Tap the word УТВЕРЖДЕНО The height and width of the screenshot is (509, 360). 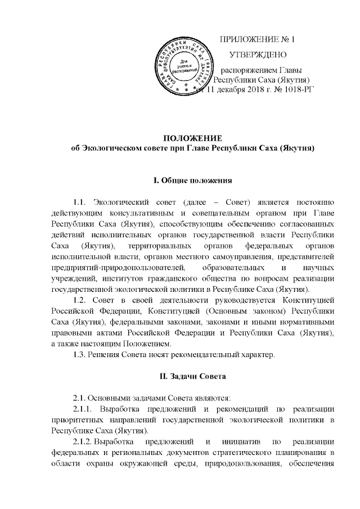pos(259,55)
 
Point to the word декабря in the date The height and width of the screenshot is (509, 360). pos(231,90)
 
